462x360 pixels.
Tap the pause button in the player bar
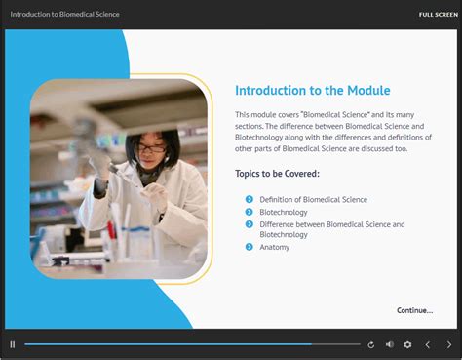click(13, 344)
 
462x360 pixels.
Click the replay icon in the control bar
click(370, 344)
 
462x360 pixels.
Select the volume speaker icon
click(389, 344)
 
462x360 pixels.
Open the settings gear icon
click(407, 344)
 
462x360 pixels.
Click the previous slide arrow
click(427, 344)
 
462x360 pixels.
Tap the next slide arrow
click(448, 344)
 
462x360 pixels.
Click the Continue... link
click(414, 310)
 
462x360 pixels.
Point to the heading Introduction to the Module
click(312, 91)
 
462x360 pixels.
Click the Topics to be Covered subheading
click(277, 174)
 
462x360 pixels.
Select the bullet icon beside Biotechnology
click(250, 212)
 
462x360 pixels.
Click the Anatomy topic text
click(274, 247)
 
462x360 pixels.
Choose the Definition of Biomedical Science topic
click(313, 199)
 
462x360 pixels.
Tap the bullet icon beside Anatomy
click(250, 247)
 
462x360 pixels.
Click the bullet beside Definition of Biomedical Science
click(250, 199)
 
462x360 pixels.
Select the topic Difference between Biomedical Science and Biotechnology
click(331, 229)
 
